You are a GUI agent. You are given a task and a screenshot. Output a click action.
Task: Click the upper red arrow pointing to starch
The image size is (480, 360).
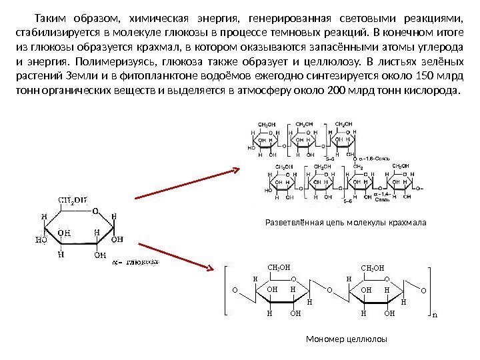click(x=187, y=183)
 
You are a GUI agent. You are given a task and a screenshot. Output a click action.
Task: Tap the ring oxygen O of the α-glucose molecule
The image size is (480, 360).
click(x=95, y=212)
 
